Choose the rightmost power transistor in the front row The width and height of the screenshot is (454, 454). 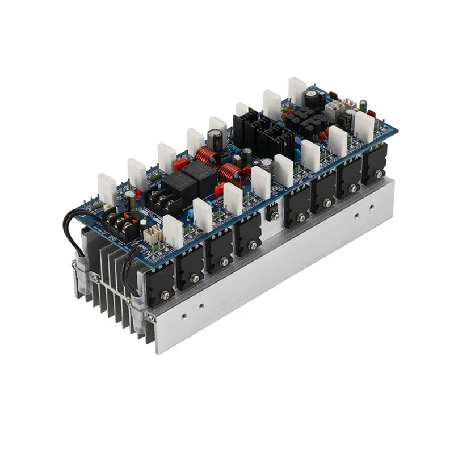(x=375, y=165)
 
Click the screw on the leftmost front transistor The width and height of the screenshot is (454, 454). (x=165, y=295)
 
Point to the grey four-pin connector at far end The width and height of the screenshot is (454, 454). (x=337, y=108)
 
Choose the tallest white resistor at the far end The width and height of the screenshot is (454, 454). (x=297, y=91)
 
